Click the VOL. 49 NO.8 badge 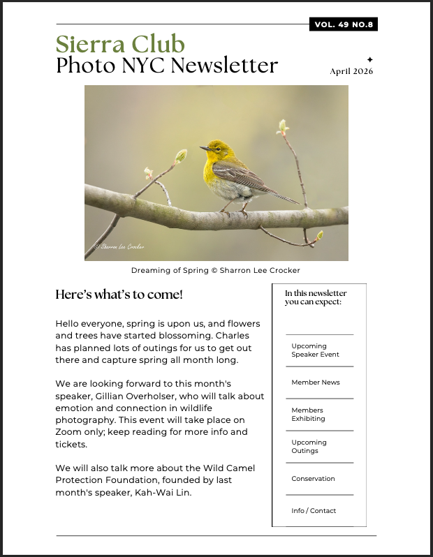(344, 25)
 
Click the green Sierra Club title (120, 44)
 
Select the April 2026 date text (351, 71)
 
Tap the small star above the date (370, 59)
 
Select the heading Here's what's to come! (119, 295)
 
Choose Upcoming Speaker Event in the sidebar (315, 350)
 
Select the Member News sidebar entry (316, 383)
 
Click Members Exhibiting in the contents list (308, 415)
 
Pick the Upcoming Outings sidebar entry (309, 447)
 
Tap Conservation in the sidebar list (313, 479)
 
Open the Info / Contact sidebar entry (314, 511)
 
